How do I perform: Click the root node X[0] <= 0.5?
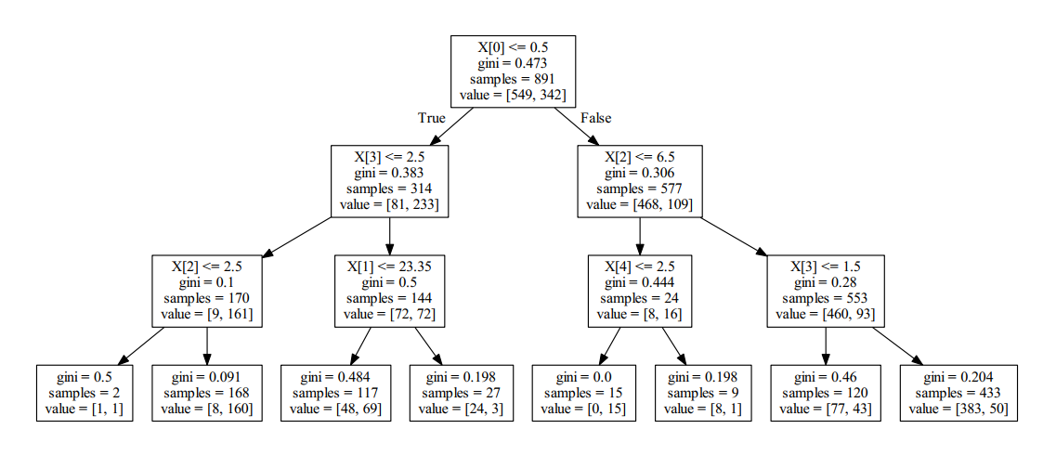pos(513,71)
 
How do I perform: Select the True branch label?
pos(431,118)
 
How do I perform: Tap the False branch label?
pos(595,118)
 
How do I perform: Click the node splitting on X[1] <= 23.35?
pos(390,290)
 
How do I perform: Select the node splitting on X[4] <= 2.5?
pos(639,290)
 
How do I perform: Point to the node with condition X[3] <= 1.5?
pos(825,290)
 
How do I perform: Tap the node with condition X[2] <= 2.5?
pos(206,290)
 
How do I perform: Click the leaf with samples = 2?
pos(84,393)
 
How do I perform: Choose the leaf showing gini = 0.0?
pos(582,393)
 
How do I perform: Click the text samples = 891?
pos(513,79)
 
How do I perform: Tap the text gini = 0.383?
pos(390,173)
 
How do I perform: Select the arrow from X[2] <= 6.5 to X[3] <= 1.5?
pos(733,236)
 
